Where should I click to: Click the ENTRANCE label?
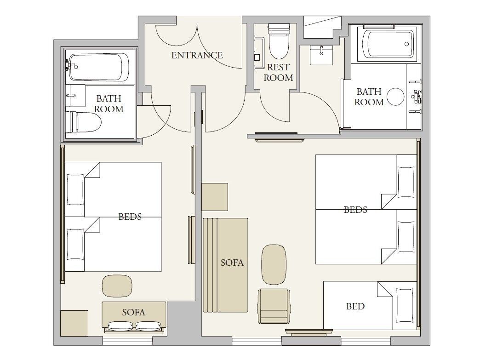pos(197,55)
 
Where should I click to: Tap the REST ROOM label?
pos(278,73)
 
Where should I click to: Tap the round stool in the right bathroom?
pos(395,97)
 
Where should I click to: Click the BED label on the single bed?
pos(355,306)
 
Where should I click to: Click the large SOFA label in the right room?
pos(232,263)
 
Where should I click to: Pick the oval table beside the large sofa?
pos(274,264)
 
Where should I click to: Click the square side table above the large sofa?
pos(215,197)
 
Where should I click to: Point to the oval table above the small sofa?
pos(117,286)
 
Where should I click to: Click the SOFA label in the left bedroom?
pos(133,312)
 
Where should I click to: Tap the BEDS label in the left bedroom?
pos(130,217)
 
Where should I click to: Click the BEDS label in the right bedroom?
pos(355,210)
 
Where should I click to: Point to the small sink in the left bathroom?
pos(75,95)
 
